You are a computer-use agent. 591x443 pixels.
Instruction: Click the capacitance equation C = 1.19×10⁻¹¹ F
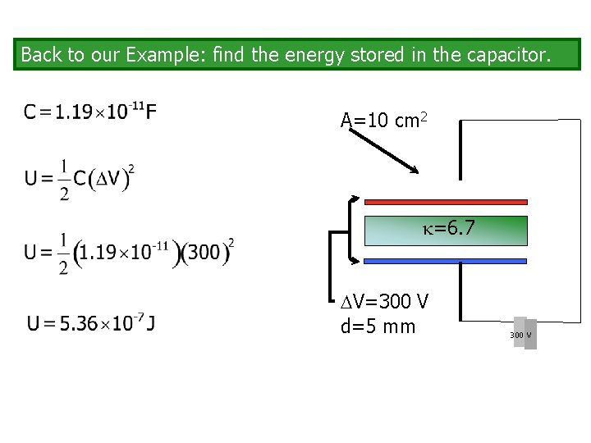click(90, 112)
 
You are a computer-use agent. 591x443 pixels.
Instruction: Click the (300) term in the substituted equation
click(204, 252)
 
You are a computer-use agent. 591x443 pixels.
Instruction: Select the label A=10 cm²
click(383, 121)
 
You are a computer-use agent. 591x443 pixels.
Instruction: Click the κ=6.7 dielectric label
click(450, 228)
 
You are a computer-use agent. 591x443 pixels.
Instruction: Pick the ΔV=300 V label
click(384, 302)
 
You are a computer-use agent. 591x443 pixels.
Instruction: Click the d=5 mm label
click(378, 327)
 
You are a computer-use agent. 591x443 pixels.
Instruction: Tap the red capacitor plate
click(446, 201)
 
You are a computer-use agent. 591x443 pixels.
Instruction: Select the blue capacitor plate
click(446, 261)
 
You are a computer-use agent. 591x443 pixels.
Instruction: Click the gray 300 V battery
click(525, 333)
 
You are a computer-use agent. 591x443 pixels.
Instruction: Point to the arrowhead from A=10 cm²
click(415, 170)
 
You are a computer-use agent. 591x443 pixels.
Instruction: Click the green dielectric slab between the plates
click(394, 231)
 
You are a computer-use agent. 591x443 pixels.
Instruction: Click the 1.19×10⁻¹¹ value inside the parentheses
click(126, 252)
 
